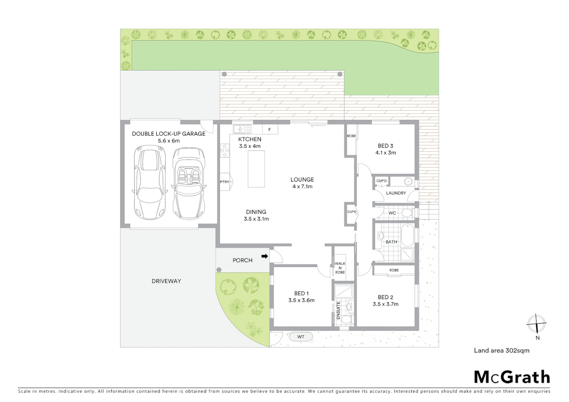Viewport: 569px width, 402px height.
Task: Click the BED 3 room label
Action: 385,146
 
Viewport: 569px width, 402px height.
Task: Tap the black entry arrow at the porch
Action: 265,256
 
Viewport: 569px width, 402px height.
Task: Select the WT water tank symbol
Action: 301,337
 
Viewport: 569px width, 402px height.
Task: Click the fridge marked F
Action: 270,130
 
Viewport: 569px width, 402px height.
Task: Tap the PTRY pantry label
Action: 225,182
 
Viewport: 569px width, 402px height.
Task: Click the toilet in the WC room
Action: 406,213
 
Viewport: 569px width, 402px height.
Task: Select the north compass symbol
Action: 537,324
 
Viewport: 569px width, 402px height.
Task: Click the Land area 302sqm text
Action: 501,350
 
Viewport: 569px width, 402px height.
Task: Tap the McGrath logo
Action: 512,377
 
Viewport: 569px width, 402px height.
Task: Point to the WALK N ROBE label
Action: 340,268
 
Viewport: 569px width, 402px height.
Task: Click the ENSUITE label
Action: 338,310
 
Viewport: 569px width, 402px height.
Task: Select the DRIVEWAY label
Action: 166,281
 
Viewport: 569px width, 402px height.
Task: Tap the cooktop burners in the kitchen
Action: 225,150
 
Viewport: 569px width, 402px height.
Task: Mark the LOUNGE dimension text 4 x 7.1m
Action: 302,186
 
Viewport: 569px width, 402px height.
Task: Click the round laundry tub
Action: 409,182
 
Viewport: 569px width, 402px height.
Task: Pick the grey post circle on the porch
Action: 219,270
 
